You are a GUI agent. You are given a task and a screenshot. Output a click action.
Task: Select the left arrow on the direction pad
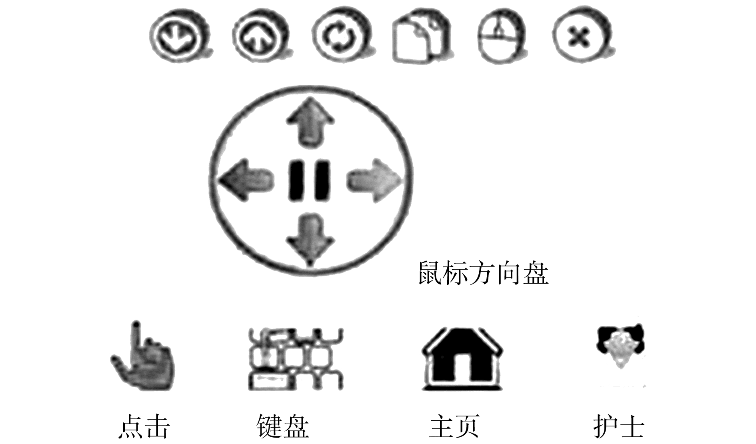pyautogui.click(x=246, y=180)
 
